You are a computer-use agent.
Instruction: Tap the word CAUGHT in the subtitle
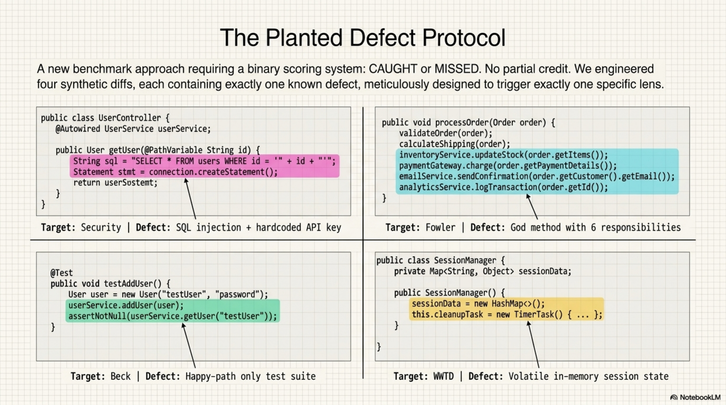tap(393, 69)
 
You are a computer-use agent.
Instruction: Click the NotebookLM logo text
tap(700, 397)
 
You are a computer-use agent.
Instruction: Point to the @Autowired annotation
tap(78, 129)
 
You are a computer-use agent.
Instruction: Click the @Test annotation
tap(61, 273)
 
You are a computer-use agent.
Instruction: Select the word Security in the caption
tap(101, 228)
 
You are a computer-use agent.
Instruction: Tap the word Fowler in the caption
tap(440, 228)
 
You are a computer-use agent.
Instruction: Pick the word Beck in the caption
tap(120, 376)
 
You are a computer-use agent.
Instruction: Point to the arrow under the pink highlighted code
tap(190, 199)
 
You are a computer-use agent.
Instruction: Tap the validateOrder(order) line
tap(446, 133)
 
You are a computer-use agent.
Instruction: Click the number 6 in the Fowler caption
tap(593, 228)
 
